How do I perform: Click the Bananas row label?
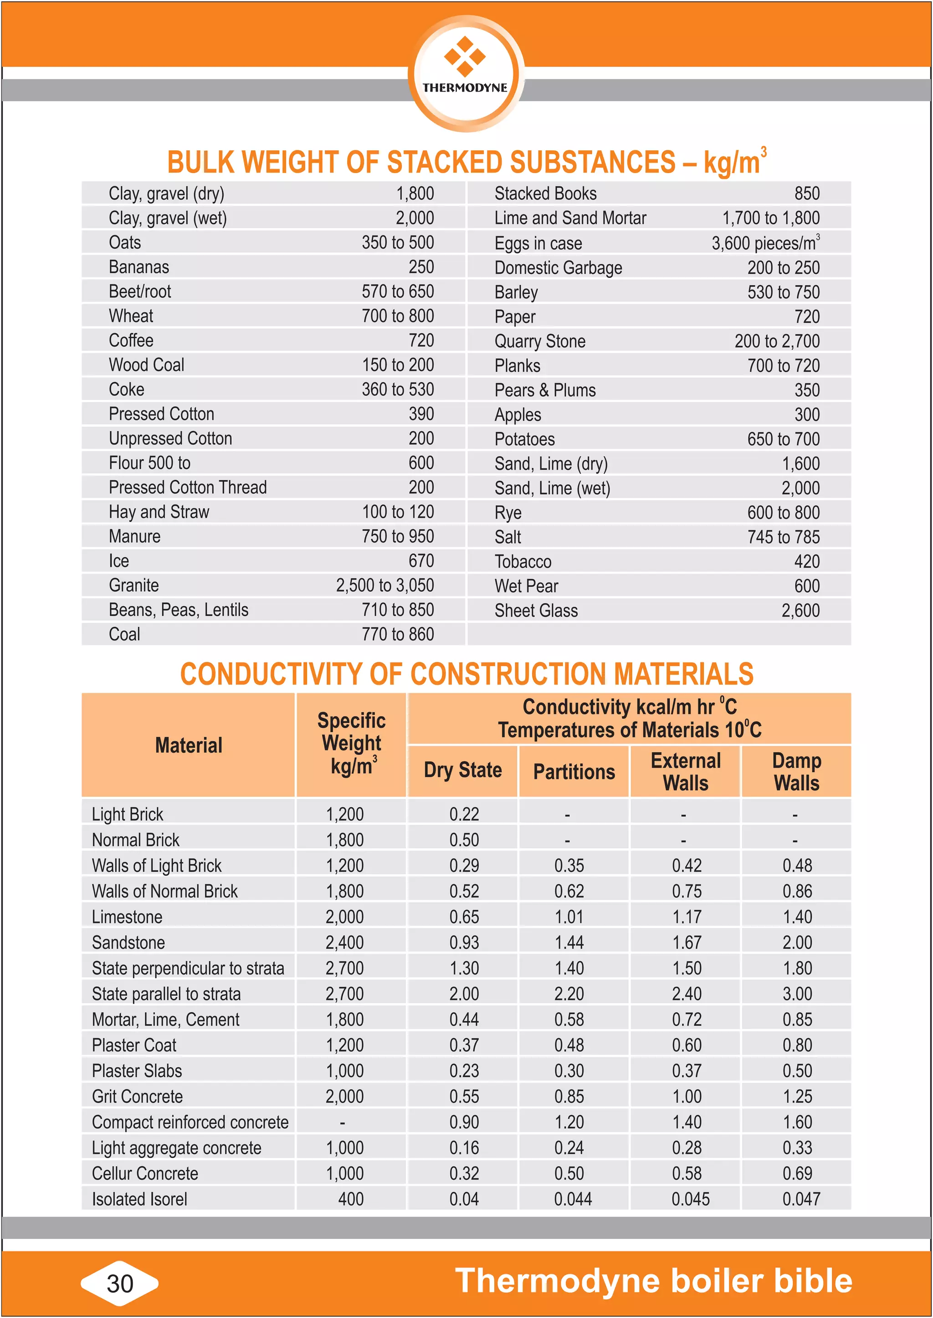point(139,267)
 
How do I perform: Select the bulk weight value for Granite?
point(385,585)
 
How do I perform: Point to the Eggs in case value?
point(765,243)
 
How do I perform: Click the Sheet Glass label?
point(536,611)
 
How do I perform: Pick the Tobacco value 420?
point(807,561)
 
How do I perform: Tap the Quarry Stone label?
point(539,341)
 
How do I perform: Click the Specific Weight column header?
point(351,744)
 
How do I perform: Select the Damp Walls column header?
point(796,772)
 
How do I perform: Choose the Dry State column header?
point(462,770)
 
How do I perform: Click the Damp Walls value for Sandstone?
point(797,942)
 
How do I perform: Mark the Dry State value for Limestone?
point(464,917)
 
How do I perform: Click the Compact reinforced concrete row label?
point(190,1122)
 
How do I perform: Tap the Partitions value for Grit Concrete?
point(569,1096)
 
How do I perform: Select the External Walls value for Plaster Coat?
point(687,1045)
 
